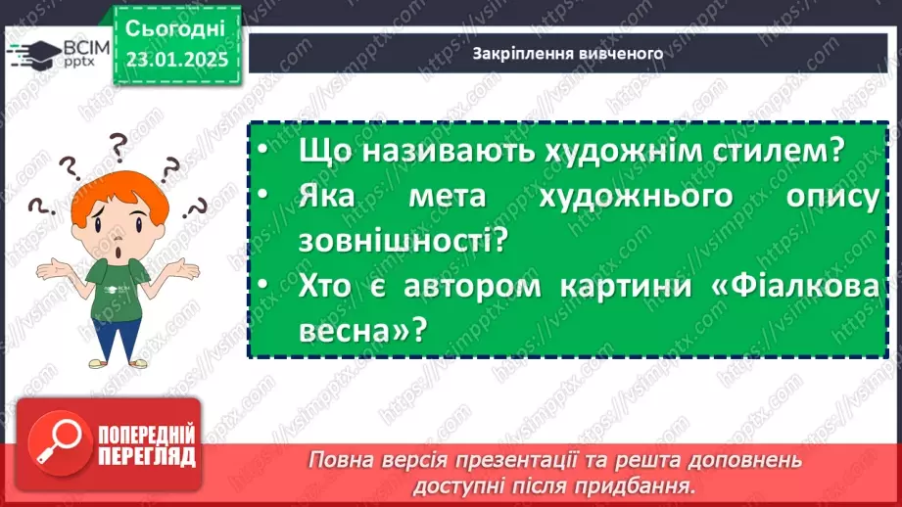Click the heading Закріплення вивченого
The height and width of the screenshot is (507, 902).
click(x=568, y=54)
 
